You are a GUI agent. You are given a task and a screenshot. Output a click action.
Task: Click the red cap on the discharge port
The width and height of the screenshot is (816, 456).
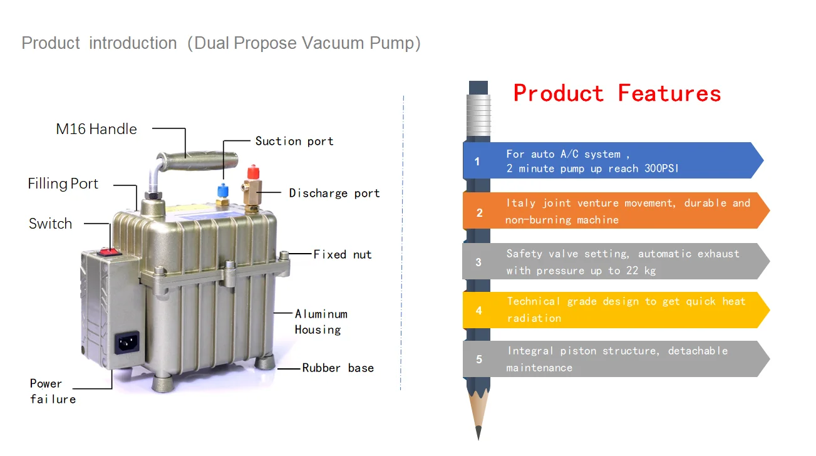point(253,171)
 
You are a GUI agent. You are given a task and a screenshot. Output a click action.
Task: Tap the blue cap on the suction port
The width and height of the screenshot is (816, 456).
point(223,189)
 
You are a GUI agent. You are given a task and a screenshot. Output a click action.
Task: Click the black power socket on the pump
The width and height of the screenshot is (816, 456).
point(127,343)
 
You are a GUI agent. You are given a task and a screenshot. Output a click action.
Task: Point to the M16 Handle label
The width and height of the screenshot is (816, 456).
point(96,129)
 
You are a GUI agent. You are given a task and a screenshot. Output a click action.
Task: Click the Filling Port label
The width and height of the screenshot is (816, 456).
point(63,184)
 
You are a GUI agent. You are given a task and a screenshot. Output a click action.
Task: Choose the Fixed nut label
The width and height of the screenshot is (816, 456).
point(343,254)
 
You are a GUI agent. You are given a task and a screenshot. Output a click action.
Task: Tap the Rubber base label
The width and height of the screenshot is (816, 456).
point(338,368)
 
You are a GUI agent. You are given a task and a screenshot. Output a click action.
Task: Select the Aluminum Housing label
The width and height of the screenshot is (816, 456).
point(321,322)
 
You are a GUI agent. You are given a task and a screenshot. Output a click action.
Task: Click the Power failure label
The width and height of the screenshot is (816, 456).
point(53,391)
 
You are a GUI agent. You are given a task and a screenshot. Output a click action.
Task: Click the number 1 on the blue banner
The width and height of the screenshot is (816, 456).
point(477,162)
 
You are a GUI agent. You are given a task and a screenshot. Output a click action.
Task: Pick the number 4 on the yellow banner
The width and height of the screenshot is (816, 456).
point(479,310)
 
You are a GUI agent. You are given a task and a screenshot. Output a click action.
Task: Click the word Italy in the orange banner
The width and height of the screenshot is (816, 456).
point(521,203)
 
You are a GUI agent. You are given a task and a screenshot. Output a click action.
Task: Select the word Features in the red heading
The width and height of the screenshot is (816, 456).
point(669,93)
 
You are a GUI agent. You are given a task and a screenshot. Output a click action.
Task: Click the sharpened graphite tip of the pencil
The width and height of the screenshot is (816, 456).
point(478,432)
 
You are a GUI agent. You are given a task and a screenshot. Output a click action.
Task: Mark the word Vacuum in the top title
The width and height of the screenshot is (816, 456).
point(335,43)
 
